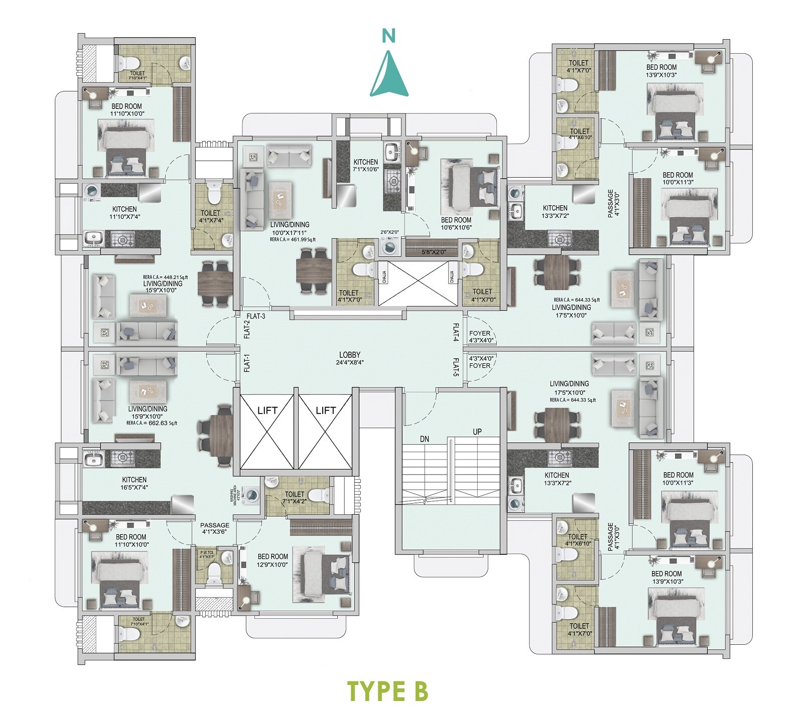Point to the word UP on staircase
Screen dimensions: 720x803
click(477, 431)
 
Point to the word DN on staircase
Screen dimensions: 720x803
click(425, 439)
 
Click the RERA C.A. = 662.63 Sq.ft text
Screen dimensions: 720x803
click(152, 423)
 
